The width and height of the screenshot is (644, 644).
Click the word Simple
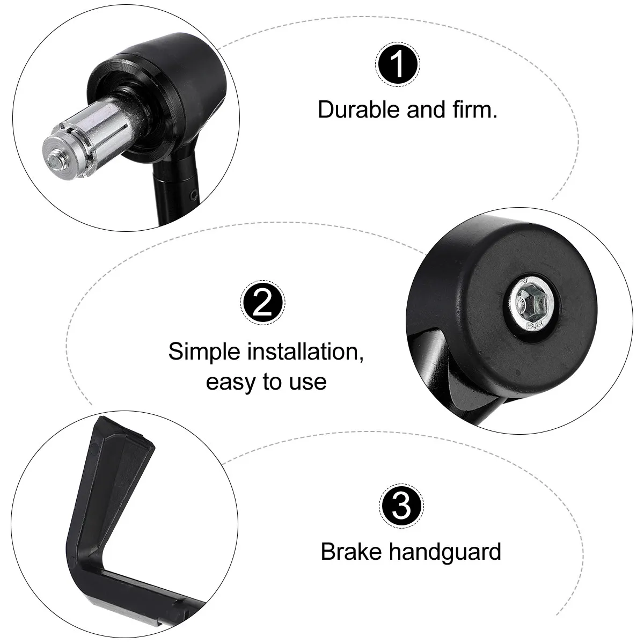pos(204,352)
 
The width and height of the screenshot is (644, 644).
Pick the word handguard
pos(445,552)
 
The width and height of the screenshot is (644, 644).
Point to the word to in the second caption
pos(273,382)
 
